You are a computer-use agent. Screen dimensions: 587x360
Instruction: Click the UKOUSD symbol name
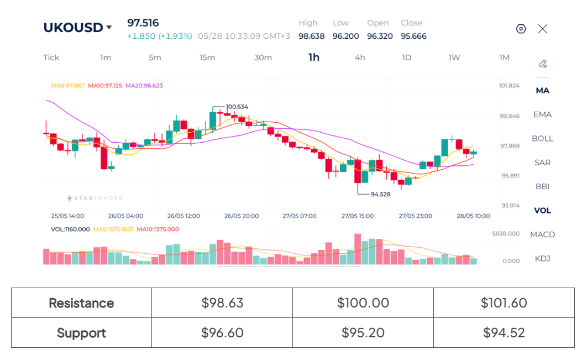pyautogui.click(x=73, y=28)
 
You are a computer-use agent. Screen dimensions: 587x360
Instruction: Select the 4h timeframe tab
pyautogui.click(x=360, y=58)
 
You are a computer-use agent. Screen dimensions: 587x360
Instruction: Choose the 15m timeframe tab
pyautogui.click(x=207, y=58)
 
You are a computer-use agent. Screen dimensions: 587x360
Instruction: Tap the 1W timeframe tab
pyautogui.click(x=454, y=58)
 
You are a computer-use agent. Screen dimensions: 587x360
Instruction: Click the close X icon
pyautogui.click(x=542, y=29)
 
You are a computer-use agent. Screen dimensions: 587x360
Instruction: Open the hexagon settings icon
pyautogui.click(x=521, y=29)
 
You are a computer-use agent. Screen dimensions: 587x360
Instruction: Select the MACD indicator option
pyautogui.click(x=542, y=234)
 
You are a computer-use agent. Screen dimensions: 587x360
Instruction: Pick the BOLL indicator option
pyautogui.click(x=542, y=139)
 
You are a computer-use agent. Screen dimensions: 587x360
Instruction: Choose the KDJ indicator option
pyautogui.click(x=542, y=258)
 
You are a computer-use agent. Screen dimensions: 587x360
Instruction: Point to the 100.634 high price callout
pyautogui.click(x=237, y=107)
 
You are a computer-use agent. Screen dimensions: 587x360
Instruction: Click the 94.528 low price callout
pyautogui.click(x=380, y=194)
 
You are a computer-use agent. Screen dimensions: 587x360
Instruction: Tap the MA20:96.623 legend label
pyautogui.click(x=144, y=85)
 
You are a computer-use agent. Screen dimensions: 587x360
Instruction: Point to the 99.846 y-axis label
pyautogui.click(x=510, y=116)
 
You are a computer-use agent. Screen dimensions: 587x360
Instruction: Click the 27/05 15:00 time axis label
pyautogui.click(x=358, y=216)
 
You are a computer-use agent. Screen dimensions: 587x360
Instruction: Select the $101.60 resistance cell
pyautogui.click(x=504, y=302)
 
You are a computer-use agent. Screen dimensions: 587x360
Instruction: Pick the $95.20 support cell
pyautogui.click(x=363, y=333)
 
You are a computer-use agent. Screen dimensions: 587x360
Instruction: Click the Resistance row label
pyautogui.click(x=81, y=303)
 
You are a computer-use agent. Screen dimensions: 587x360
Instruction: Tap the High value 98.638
pyautogui.click(x=312, y=36)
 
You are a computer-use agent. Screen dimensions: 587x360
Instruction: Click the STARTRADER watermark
pyautogui.click(x=95, y=198)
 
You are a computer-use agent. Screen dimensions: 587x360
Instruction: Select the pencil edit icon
pyautogui.click(x=542, y=64)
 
